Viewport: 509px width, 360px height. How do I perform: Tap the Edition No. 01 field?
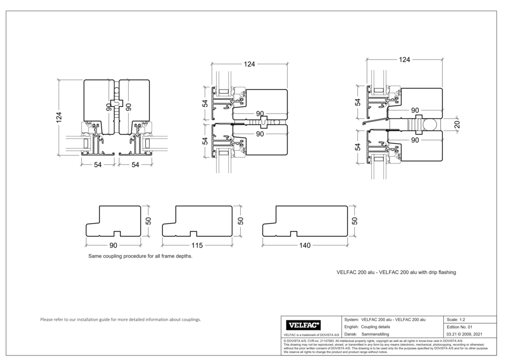460,326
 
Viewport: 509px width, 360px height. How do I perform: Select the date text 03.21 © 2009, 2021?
464,334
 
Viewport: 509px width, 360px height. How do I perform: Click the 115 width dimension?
197,245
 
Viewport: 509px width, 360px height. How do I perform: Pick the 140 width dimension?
304,245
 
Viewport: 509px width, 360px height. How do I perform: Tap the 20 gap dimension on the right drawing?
457,124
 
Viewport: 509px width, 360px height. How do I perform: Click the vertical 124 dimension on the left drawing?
59,118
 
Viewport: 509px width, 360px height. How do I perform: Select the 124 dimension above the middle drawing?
249,64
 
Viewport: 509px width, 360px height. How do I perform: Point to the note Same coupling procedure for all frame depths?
140,257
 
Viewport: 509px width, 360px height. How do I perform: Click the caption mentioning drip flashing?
396,272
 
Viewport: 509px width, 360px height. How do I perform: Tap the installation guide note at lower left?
120,320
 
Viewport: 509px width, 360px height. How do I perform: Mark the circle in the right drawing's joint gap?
431,124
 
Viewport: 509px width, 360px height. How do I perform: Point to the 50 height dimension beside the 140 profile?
355,221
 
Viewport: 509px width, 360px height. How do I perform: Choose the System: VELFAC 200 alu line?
385,319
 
